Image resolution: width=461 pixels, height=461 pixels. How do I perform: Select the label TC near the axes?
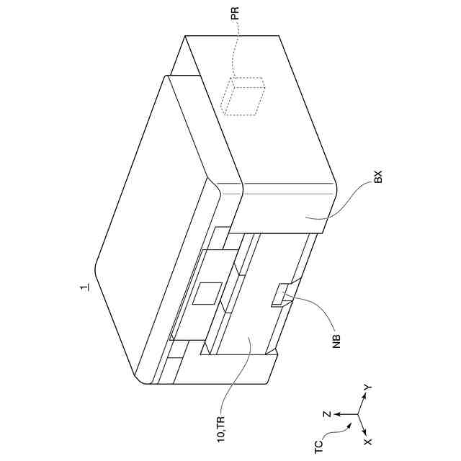tap(318, 446)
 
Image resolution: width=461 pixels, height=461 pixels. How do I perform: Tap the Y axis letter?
tap(367, 388)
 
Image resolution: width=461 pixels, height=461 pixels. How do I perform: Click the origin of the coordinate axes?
tap(358, 414)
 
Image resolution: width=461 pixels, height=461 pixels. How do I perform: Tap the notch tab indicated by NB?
tap(280, 295)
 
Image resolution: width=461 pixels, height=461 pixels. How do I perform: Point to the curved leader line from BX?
tap(346, 205)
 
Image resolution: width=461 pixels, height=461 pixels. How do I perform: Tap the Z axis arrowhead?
tap(336, 414)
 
